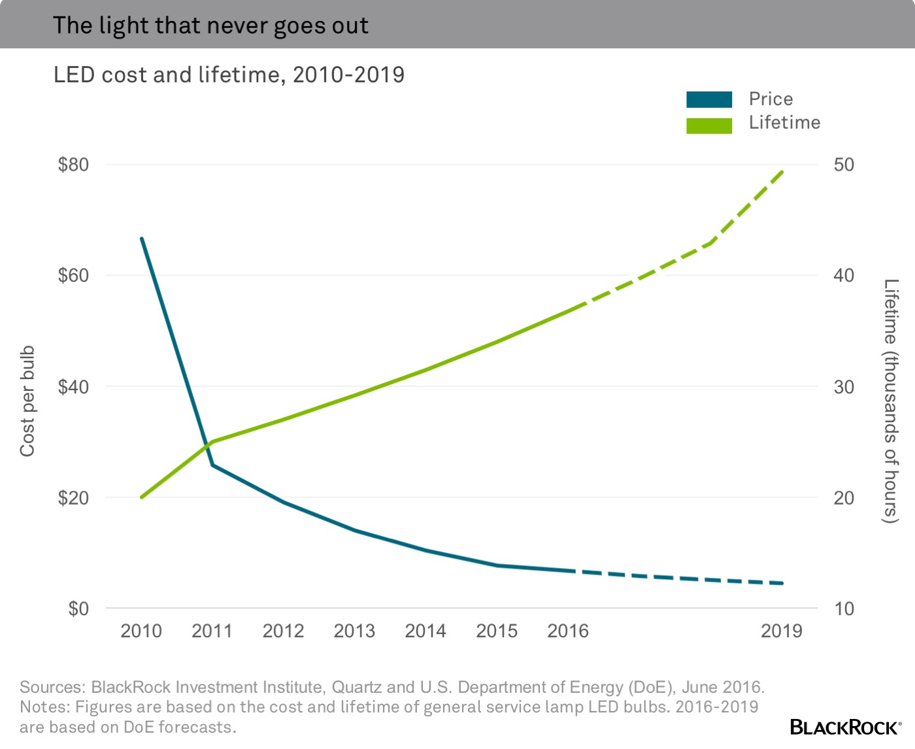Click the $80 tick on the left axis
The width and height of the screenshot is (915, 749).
73,165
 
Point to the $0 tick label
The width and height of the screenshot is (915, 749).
78,609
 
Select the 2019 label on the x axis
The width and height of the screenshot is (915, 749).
782,631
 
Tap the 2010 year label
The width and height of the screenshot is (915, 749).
141,631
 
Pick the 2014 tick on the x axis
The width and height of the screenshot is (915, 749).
425,631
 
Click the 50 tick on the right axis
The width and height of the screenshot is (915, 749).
844,165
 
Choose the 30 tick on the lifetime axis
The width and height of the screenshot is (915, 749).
844,387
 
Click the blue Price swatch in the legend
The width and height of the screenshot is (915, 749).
709,99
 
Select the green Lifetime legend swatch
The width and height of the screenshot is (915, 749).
709,125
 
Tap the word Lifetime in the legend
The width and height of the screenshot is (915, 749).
784,123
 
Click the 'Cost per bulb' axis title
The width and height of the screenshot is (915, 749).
27,401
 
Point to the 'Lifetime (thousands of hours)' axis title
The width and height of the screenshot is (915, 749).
891,401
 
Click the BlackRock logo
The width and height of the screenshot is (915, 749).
845,727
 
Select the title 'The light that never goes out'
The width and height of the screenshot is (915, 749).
210,25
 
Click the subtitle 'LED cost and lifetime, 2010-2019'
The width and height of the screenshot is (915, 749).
229,75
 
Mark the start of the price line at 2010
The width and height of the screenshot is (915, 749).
142,239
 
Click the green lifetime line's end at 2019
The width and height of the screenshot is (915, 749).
782,171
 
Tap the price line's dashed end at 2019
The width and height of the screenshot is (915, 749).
782,583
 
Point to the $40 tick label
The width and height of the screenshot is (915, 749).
73,387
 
